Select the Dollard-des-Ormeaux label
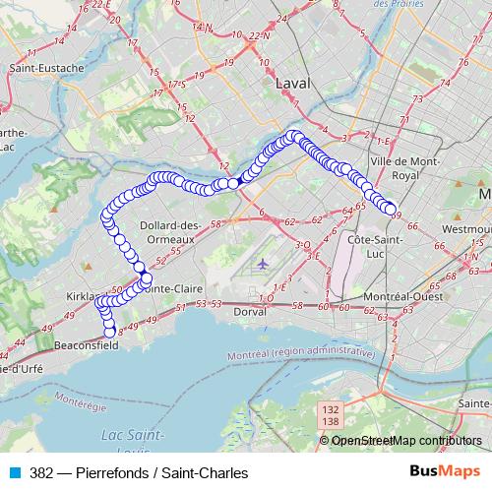(171, 232)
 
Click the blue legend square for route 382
(14, 472)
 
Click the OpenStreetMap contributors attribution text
(406, 440)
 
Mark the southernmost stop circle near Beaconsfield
(110, 332)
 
